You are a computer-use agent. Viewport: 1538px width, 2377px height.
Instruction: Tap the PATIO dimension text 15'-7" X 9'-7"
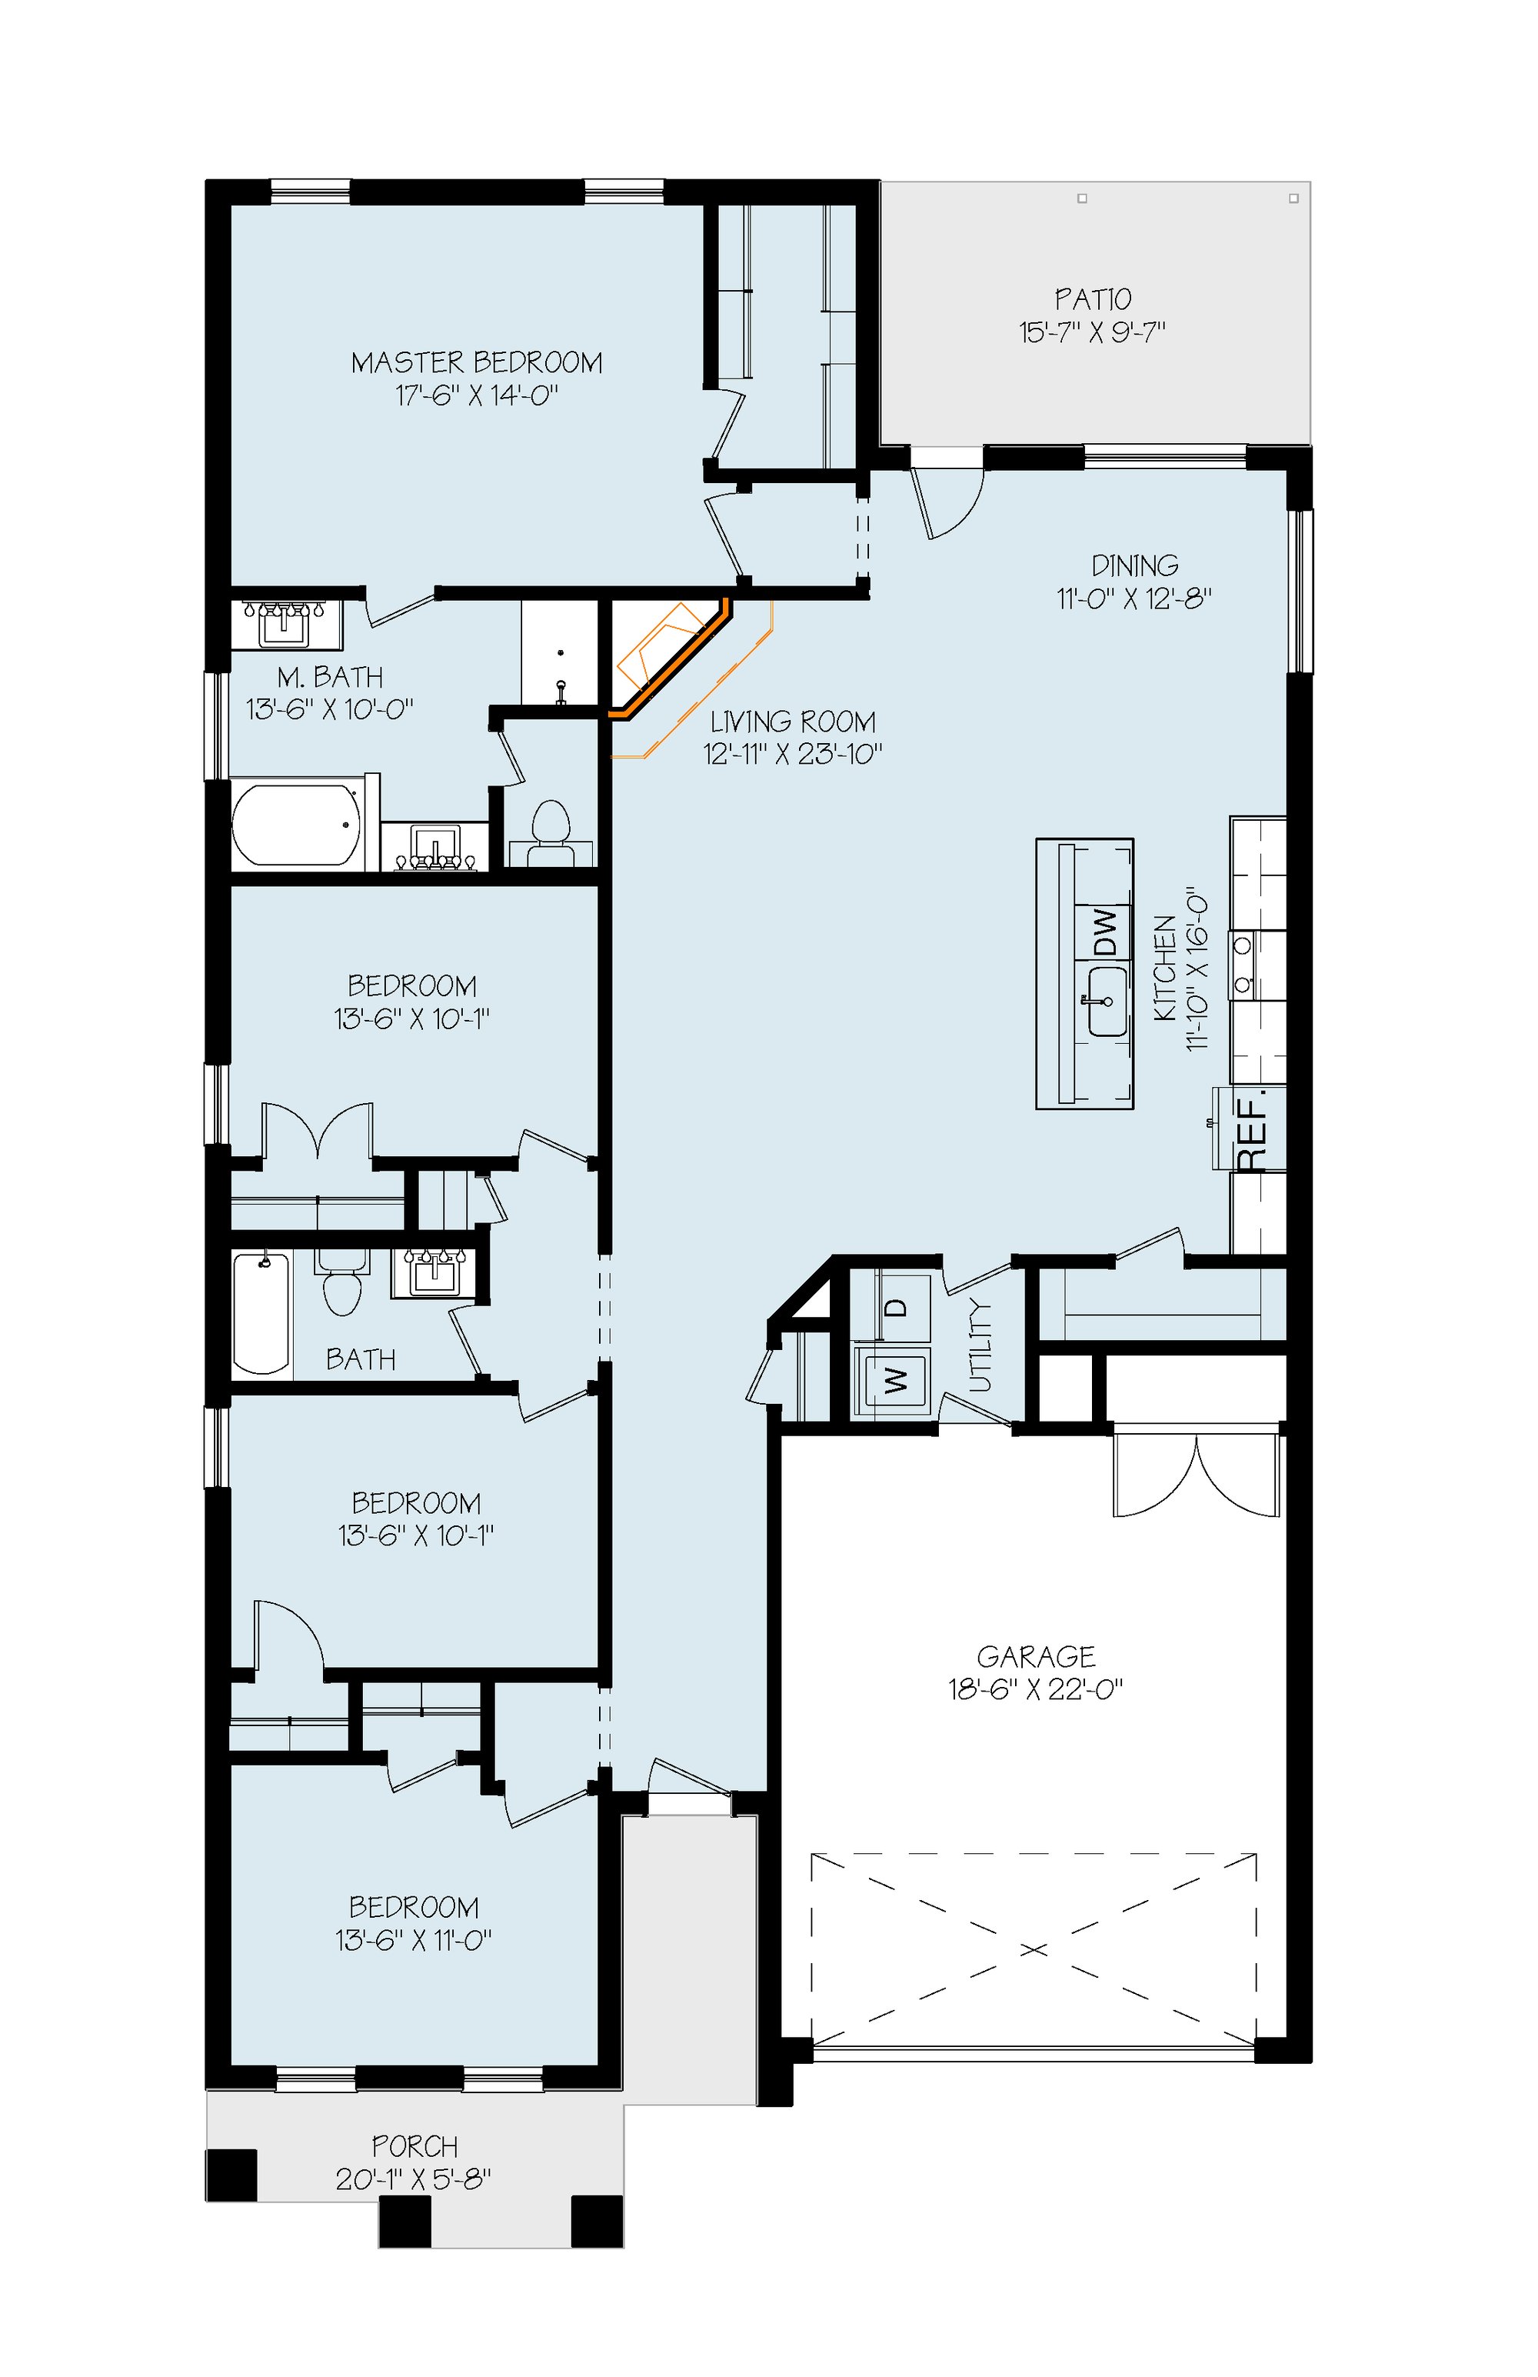tap(1093, 332)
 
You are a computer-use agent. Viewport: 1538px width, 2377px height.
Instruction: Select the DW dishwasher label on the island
tap(1104, 932)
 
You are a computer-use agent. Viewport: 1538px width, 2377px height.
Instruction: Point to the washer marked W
tap(896, 1380)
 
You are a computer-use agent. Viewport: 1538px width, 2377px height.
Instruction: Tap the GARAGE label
tap(1036, 1657)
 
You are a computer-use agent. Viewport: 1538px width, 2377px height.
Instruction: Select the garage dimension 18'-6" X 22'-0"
tap(1036, 1690)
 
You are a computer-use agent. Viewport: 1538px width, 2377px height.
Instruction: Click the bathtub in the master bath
tap(297, 825)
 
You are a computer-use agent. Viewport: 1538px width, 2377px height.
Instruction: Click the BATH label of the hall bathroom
tap(361, 1359)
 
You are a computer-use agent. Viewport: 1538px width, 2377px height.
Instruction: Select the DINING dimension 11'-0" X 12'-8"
tap(1134, 599)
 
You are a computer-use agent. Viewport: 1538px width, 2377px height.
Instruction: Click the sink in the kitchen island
tap(1107, 1002)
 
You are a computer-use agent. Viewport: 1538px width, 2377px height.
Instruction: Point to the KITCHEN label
tap(1164, 968)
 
